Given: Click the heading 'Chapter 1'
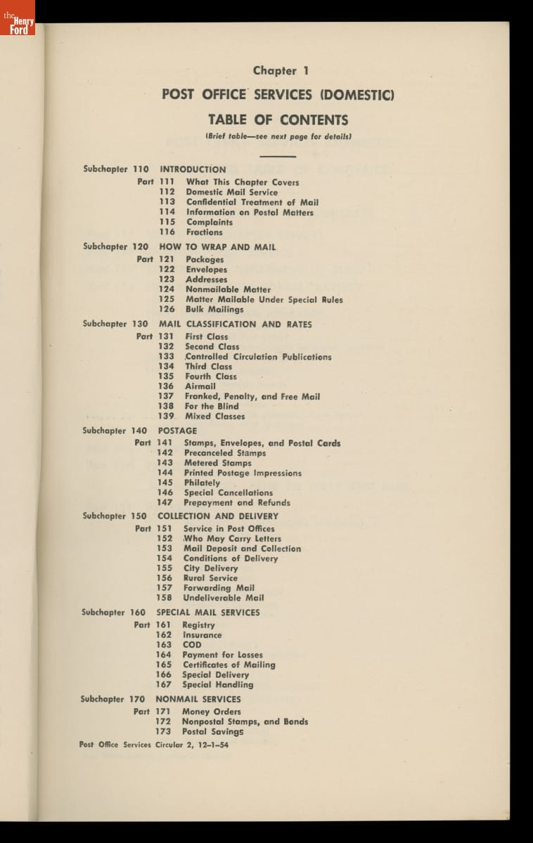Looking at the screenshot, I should pos(281,70).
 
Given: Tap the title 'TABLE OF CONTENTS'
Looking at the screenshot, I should pos(278,119).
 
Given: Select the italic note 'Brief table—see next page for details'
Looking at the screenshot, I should pos(278,136).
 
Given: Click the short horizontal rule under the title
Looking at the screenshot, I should pos(278,155).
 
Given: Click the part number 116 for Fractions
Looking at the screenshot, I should pos(167,232).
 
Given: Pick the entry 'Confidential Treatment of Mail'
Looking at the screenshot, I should pos(252,202).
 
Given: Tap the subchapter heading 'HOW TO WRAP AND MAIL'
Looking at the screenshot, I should pos(217,247).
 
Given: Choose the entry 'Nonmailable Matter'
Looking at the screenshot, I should pos(228,289).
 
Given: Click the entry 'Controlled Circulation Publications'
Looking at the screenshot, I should pos(258,357).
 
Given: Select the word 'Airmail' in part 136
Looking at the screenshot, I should pos(200,386).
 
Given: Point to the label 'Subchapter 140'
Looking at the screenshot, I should pos(115,431).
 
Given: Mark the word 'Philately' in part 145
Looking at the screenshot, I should pos(202,483).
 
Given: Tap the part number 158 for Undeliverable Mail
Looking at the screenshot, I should pos(164,598).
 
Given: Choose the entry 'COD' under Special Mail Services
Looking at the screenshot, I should pos(192,644).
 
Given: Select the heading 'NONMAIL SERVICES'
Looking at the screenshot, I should pos(198,699).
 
